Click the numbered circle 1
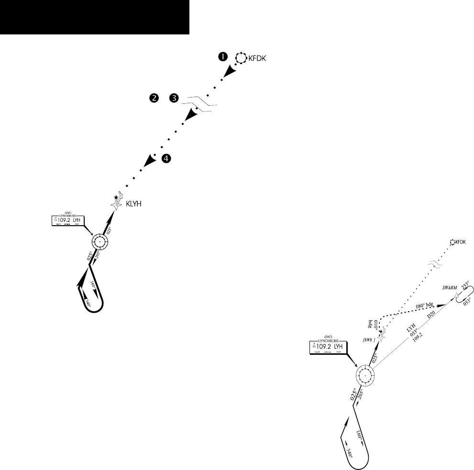pyautogui.click(x=222, y=57)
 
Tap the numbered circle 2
pyautogui.click(x=154, y=98)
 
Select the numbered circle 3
pyautogui.click(x=174, y=98)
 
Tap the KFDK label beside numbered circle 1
pyautogui.click(x=256, y=59)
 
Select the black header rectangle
pyautogui.click(x=95, y=17)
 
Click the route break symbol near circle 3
pyautogui.click(x=202, y=105)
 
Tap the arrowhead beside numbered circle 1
pyautogui.click(x=231, y=71)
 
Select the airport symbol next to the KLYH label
pyautogui.click(x=116, y=203)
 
